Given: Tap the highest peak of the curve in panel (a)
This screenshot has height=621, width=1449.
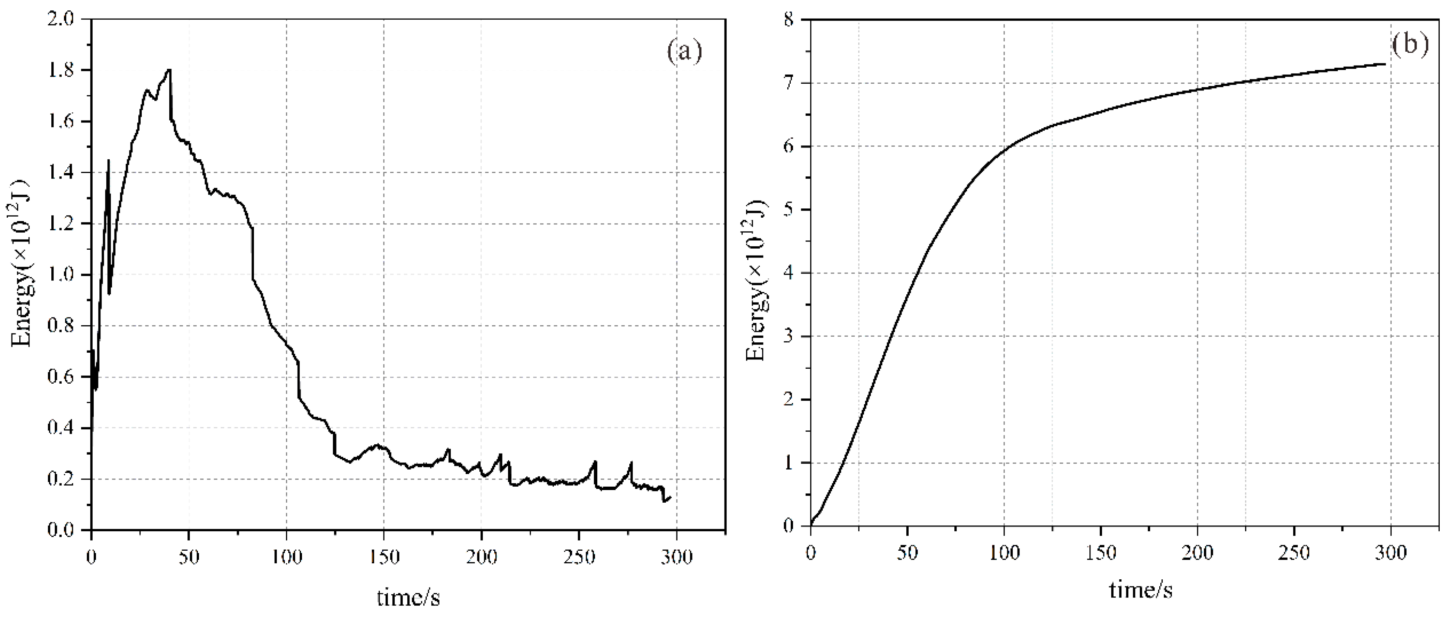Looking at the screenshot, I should click(169, 70).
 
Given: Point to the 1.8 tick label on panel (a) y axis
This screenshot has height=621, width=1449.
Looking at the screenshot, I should click(60, 70).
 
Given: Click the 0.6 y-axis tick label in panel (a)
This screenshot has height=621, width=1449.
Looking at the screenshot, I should click(60, 377).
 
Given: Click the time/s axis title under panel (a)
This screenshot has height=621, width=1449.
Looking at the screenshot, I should click(408, 598).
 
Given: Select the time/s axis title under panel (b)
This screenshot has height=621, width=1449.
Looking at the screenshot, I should click(1141, 589).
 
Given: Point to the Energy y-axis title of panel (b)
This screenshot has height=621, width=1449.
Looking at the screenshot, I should click(756, 279).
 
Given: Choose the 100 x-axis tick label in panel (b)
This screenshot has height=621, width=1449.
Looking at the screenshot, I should click(1003, 553).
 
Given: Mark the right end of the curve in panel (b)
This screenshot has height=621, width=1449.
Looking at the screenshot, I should click(1384, 64).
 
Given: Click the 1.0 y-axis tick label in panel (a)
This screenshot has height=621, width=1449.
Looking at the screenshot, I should click(60, 275).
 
